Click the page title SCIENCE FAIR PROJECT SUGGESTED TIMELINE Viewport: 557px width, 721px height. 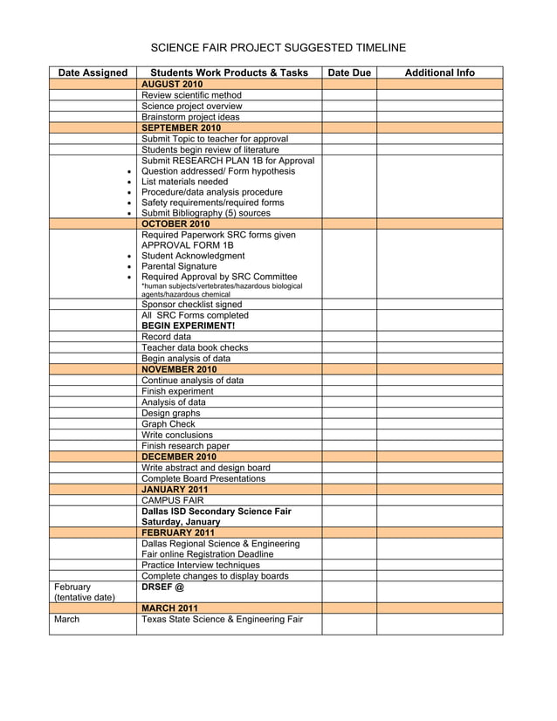tap(278, 47)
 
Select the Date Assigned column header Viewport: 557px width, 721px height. tap(92, 72)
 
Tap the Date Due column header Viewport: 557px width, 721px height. tap(349, 72)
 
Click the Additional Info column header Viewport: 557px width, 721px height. tap(439, 72)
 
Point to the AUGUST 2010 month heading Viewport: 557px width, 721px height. tap(172, 84)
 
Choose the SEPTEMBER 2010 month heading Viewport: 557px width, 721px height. tap(181, 127)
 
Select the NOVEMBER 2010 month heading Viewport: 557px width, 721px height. tap(179, 369)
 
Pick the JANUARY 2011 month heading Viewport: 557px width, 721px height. tap(175, 489)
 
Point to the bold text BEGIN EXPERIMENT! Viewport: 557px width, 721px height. tap(188, 326)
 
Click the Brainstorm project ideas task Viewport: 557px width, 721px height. tap(189, 117)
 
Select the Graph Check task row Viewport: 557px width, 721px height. tap(168, 424)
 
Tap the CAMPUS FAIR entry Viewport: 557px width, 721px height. tap(172, 500)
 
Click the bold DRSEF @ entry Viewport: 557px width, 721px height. tap(162, 587)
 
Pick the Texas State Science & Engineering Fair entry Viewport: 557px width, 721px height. tap(222, 620)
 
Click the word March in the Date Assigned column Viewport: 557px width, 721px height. tap(66, 620)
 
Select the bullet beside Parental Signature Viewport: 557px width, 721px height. tap(129, 267)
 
